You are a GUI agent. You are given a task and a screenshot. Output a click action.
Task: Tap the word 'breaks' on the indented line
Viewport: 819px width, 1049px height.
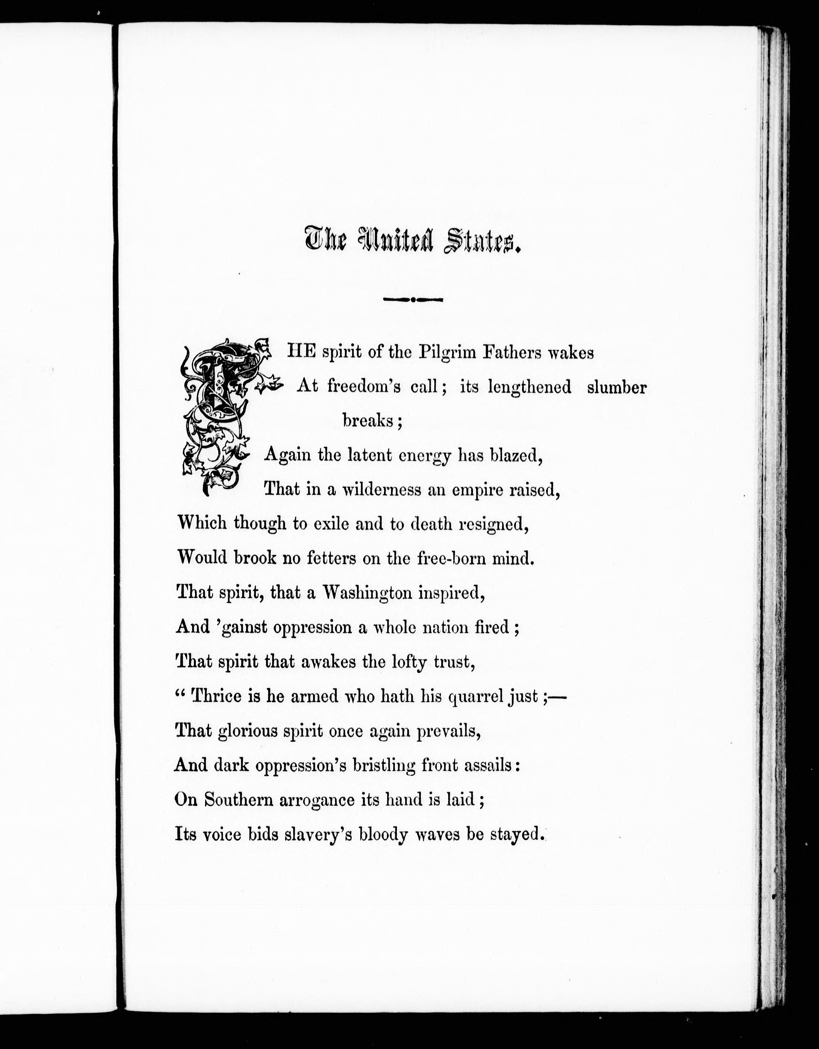368,421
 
